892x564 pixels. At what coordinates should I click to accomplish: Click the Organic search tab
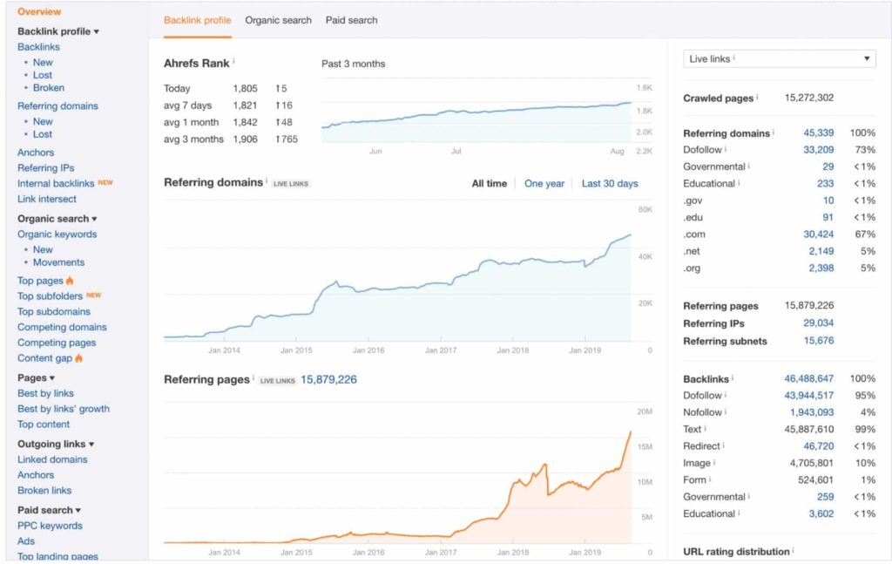(x=278, y=20)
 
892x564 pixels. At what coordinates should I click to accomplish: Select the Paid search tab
(x=352, y=20)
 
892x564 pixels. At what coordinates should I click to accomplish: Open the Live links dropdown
(x=779, y=58)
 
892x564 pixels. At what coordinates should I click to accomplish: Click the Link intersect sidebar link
(x=47, y=199)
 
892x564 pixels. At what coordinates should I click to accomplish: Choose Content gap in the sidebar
(x=44, y=358)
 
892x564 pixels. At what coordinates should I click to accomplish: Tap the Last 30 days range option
(x=610, y=184)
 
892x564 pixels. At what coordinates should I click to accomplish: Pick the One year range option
(x=544, y=184)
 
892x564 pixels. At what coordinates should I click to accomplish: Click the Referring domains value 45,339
(x=818, y=133)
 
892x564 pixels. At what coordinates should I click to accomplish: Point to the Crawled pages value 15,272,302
(x=809, y=98)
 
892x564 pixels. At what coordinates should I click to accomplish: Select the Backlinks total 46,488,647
(x=808, y=379)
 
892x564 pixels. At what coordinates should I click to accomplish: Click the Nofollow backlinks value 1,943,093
(x=812, y=412)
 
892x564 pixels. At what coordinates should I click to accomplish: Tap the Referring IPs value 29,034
(x=818, y=323)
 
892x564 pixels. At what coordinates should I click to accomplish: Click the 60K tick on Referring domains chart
(x=645, y=210)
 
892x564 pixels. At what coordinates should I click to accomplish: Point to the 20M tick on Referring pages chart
(x=645, y=411)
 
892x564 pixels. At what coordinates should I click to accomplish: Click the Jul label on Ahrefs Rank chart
(x=456, y=151)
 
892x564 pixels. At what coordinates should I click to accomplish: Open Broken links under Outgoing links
(x=44, y=491)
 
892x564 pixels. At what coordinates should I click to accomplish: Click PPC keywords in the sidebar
(x=50, y=526)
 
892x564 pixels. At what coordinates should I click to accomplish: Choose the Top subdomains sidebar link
(x=54, y=311)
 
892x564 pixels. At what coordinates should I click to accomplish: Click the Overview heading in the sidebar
(x=39, y=12)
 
